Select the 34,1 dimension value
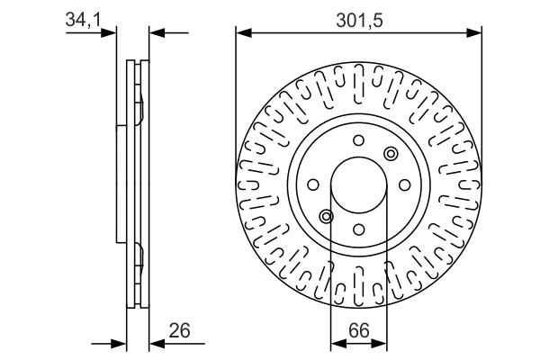(x=83, y=19)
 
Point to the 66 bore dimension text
(x=359, y=330)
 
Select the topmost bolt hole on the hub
(x=358, y=140)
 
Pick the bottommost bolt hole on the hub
(x=358, y=229)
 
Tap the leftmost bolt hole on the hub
(x=314, y=184)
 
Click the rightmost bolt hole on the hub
(x=403, y=184)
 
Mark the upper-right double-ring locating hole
(x=390, y=154)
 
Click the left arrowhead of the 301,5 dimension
(x=242, y=33)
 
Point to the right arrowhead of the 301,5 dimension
(x=476, y=33)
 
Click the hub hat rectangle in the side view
(x=121, y=184)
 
